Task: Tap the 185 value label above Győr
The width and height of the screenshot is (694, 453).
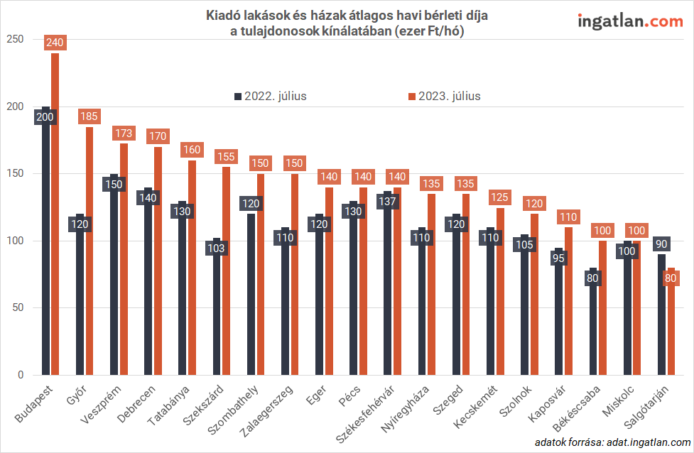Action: click(90, 116)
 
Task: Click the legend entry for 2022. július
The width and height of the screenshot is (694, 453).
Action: click(269, 96)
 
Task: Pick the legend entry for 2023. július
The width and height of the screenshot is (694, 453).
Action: click(443, 96)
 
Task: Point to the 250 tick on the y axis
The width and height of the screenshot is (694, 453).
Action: click(15, 40)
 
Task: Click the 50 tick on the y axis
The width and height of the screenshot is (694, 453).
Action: click(18, 308)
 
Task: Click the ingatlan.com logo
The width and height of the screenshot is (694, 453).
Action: click(630, 21)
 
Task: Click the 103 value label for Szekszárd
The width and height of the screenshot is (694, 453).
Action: click(217, 249)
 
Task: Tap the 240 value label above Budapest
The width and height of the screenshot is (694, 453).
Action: click(55, 43)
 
